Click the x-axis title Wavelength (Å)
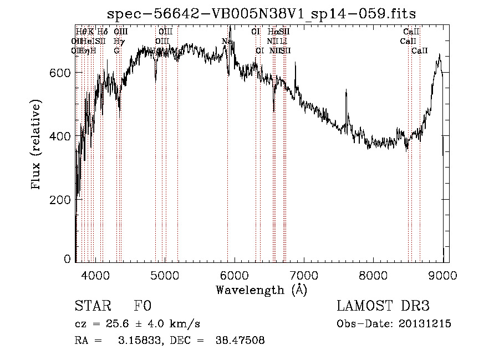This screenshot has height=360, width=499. (261, 290)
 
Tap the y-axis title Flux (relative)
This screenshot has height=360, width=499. (37, 145)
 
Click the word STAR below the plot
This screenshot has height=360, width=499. (91, 307)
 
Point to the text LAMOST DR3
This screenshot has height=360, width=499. (383, 307)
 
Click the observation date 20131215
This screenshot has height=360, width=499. (425, 324)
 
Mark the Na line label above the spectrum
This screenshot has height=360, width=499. (226, 41)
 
